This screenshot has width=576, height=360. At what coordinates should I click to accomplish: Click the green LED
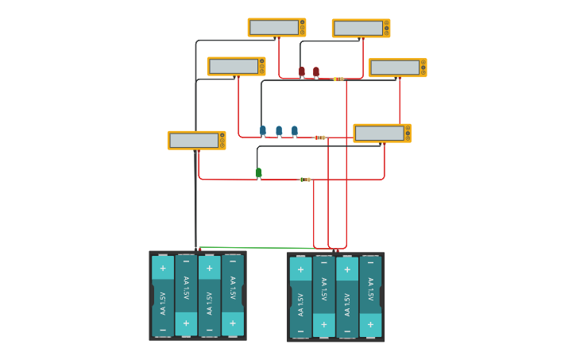pyautogui.click(x=258, y=172)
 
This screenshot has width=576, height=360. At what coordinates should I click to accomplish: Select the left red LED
pyautogui.click(x=302, y=72)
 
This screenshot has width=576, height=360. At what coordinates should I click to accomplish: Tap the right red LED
pyautogui.click(x=315, y=72)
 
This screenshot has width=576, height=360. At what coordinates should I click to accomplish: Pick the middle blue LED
pyautogui.click(x=279, y=130)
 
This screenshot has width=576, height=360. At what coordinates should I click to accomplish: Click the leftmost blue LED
pyautogui.click(x=263, y=130)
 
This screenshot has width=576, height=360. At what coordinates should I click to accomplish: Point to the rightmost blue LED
pyautogui.click(x=294, y=130)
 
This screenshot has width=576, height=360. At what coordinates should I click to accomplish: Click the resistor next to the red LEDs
pyautogui.click(x=338, y=79)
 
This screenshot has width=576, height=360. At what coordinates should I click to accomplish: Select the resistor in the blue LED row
pyautogui.click(x=319, y=137)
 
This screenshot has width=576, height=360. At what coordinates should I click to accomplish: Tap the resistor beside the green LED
pyautogui.click(x=305, y=180)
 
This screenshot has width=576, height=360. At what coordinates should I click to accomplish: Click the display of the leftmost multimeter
pyautogui.click(x=193, y=141)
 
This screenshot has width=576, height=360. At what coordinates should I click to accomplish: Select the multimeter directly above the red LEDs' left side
pyautogui.click(x=276, y=28)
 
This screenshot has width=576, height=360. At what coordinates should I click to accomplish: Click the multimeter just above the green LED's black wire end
pyautogui.click(x=381, y=133)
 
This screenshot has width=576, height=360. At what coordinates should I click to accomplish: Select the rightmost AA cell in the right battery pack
pyautogui.click(x=370, y=296)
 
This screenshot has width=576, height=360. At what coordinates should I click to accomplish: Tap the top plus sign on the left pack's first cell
pyautogui.click(x=163, y=268)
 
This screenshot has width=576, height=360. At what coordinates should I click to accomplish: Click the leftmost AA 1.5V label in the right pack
pyautogui.click(x=300, y=304)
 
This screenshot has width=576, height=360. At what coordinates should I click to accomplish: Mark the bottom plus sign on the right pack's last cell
pyautogui.click(x=370, y=324)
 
